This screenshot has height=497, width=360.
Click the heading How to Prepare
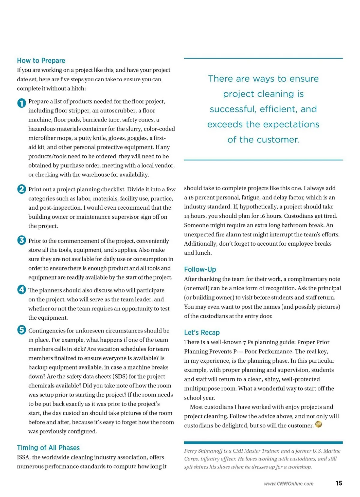click(x=41, y=61)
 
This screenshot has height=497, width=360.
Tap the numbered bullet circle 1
click(x=22, y=103)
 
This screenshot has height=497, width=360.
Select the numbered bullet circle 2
click(x=22, y=189)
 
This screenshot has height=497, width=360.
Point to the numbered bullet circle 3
click(x=22, y=240)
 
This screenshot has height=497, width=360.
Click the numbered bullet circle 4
click(x=22, y=289)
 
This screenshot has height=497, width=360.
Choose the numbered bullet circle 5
click(x=22, y=330)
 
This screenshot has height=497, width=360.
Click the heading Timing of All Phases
click(x=48, y=448)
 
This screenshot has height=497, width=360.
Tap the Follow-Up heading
click(x=200, y=269)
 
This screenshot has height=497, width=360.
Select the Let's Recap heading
click(x=202, y=333)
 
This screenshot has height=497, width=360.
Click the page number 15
click(x=339, y=483)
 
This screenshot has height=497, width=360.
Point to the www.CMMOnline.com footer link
click(x=289, y=484)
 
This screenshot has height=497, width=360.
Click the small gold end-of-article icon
click(x=319, y=424)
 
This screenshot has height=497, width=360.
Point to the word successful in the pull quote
click(x=233, y=109)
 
